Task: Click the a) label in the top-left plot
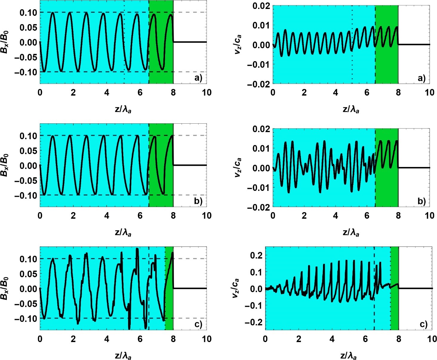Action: (x=198, y=78)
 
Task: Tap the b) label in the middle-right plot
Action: (x=421, y=201)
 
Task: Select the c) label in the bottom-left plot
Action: (x=198, y=324)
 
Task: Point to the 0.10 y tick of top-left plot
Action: (x=28, y=13)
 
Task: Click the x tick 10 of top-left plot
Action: (x=207, y=93)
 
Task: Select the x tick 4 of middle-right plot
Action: (x=336, y=216)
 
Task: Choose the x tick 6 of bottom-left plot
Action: (x=140, y=339)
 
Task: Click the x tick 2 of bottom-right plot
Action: (x=299, y=339)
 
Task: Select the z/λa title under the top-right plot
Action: (x=351, y=109)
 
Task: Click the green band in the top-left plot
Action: (x=161, y=42)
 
